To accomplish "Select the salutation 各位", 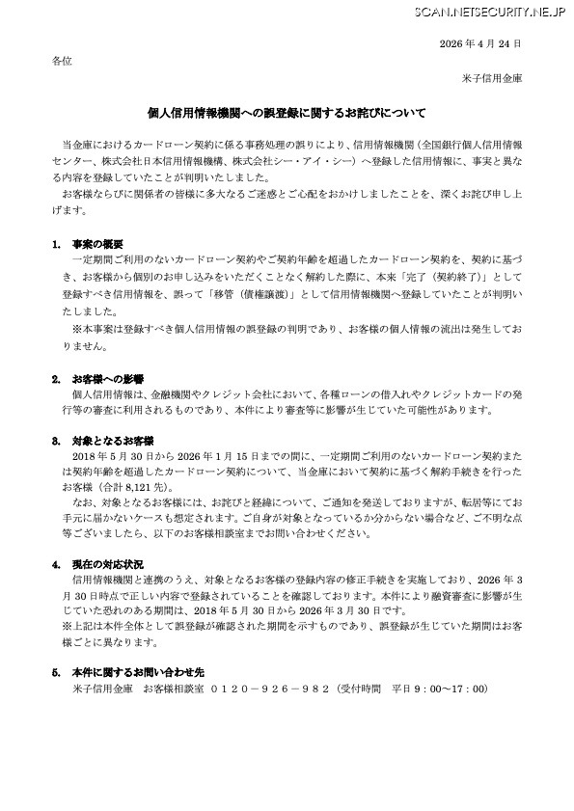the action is [x=61, y=61].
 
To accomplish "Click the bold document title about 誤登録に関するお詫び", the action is [x=287, y=113].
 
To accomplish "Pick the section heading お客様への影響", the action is [x=107, y=379].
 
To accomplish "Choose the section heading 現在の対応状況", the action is [x=107, y=562].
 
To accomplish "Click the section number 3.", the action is [x=57, y=440].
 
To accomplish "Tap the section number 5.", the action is [x=57, y=670].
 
